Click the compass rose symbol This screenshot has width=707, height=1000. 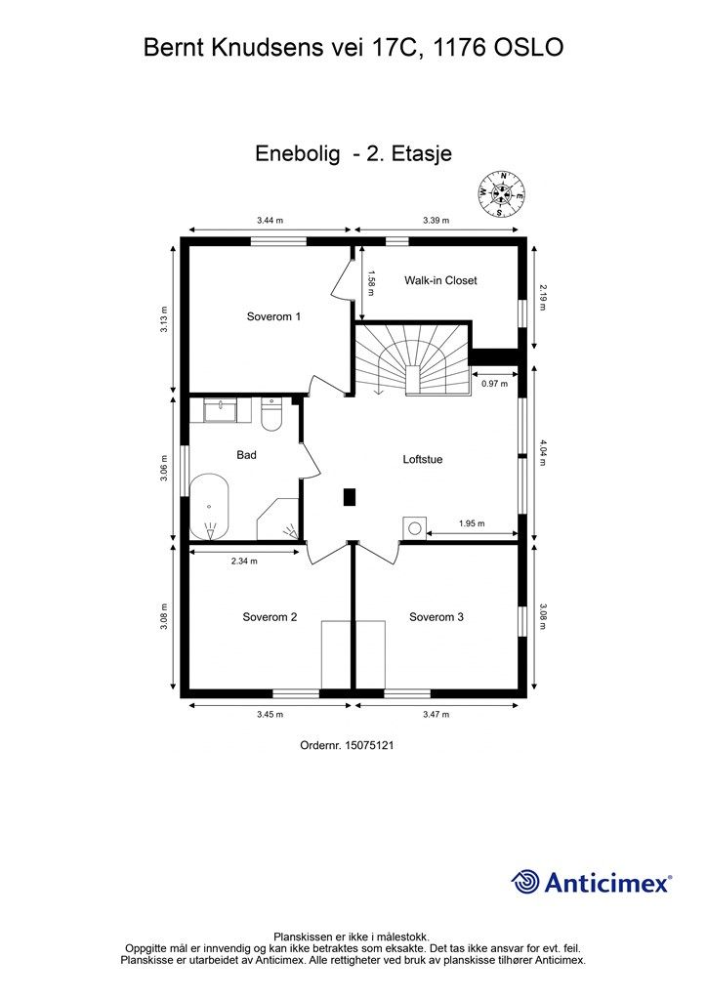(x=502, y=192)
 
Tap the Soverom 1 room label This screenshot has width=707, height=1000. (x=273, y=316)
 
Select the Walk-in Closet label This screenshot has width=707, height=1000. (x=440, y=280)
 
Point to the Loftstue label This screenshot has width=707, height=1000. (x=423, y=458)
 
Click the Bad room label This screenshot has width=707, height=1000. (x=246, y=455)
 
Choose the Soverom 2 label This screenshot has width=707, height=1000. (x=270, y=616)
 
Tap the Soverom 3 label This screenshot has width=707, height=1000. (x=437, y=616)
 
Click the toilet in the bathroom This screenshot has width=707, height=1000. (x=271, y=415)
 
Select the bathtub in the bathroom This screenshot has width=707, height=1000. (x=209, y=508)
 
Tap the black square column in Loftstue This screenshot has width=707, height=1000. (x=350, y=497)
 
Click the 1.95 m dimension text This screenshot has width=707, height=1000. (x=473, y=523)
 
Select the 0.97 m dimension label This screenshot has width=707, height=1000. (x=495, y=384)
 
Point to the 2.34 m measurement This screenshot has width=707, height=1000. (x=245, y=562)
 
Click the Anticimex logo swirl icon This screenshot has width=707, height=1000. (x=525, y=882)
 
